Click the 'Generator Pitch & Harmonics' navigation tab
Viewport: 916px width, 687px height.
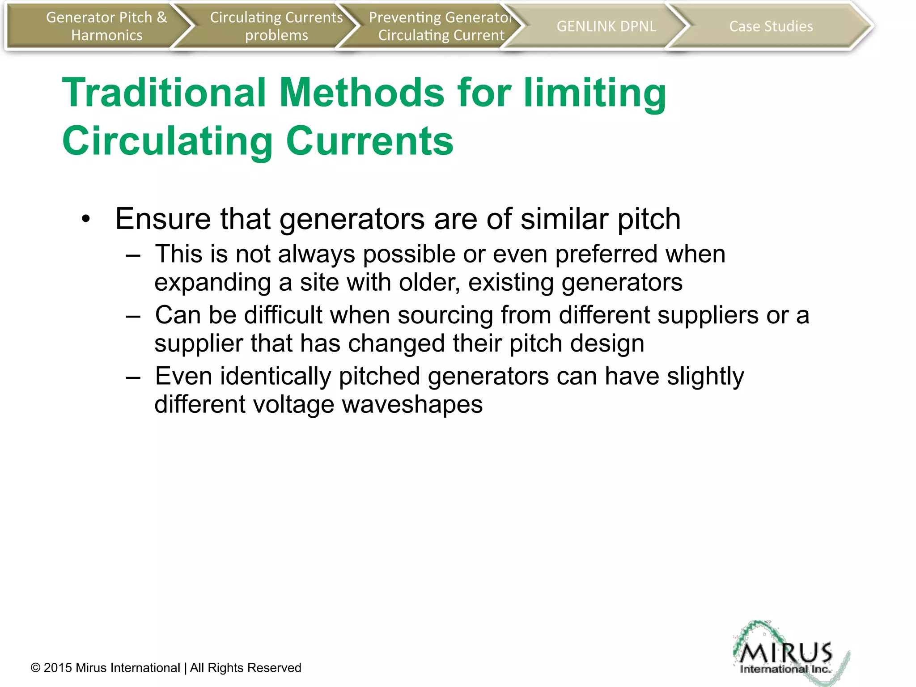pos(106,26)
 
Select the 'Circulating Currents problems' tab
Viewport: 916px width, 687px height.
pos(276,26)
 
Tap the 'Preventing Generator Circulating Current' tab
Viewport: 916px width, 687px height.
pos(441,26)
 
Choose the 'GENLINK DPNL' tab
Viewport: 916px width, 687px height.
pos(606,26)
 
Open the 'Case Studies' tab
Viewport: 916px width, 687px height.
pos(771,26)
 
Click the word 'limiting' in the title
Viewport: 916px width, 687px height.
pos(595,93)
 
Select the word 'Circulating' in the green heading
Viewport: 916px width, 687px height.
pos(167,141)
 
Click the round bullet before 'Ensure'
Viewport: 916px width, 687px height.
pos(86,219)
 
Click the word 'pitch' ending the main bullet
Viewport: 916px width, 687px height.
pos(649,220)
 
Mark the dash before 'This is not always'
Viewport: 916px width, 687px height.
pos(133,255)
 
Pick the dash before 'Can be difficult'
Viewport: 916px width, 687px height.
pos(133,316)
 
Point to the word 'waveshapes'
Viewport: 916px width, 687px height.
pos(412,405)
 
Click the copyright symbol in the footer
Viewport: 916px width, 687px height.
pos(35,668)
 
